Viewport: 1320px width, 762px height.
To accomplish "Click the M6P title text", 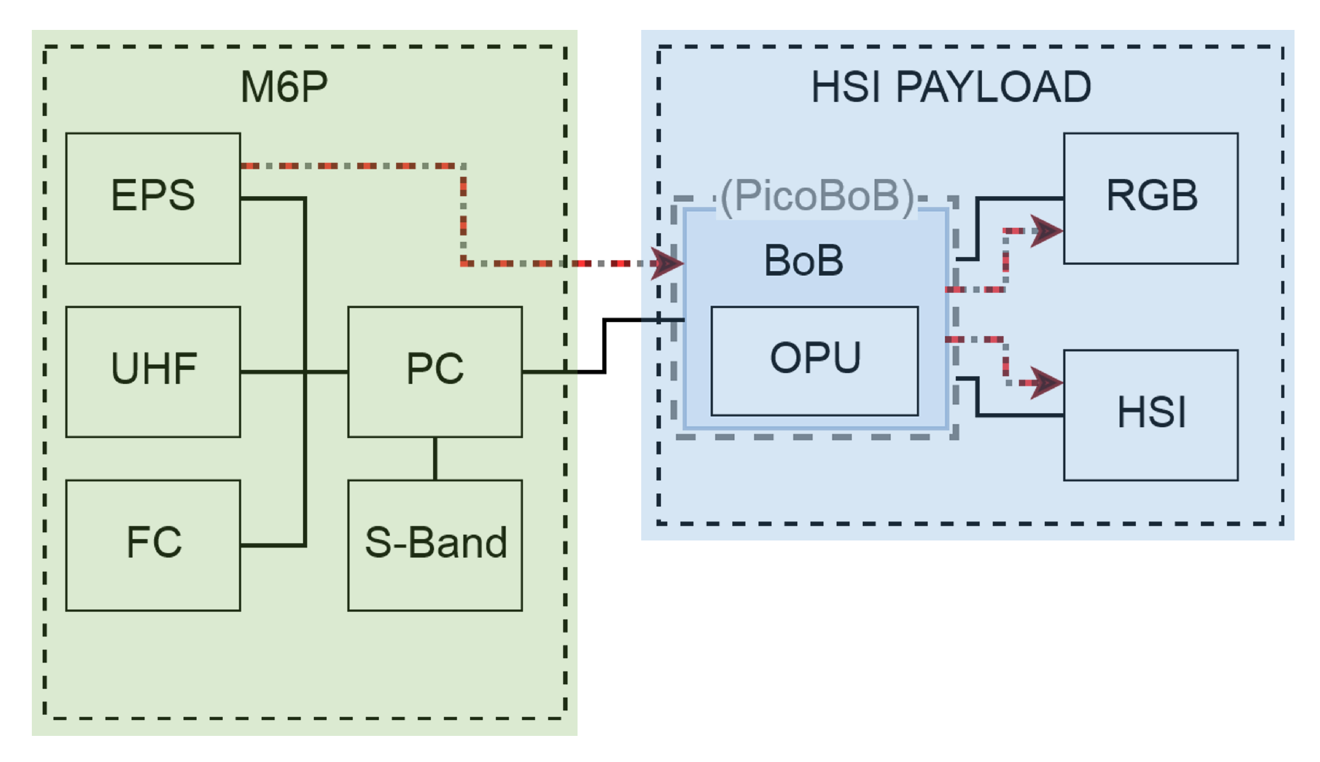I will pos(284,87).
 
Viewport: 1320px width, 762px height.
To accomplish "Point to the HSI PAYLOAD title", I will pos(951,87).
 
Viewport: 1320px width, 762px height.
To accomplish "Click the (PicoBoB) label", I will pos(818,196).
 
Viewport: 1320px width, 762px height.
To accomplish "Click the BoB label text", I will pos(804,261).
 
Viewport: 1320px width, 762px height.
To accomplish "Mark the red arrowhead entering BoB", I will pos(667,263).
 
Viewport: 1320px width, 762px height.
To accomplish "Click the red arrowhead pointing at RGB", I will pos(1047,230).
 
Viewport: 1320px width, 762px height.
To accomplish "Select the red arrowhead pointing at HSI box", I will pos(1047,383).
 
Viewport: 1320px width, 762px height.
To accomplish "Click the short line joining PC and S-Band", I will pos(435,458).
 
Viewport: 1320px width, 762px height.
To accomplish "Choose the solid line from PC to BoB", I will pos(604,344).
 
